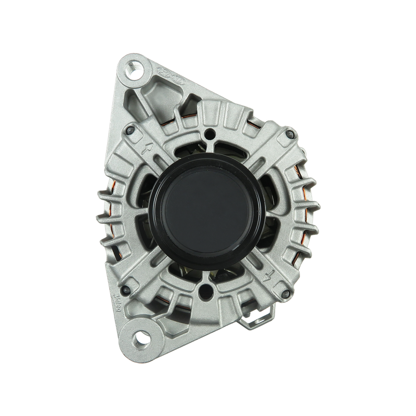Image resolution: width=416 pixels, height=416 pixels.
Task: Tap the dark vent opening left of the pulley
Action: point(143,208)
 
